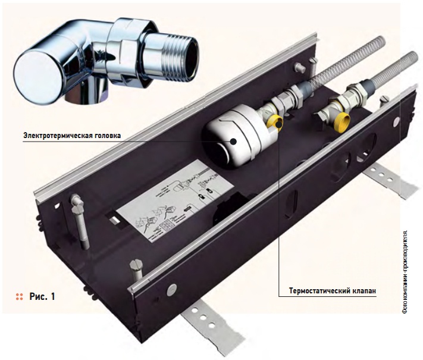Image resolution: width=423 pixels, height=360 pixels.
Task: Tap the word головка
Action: click(106, 136)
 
